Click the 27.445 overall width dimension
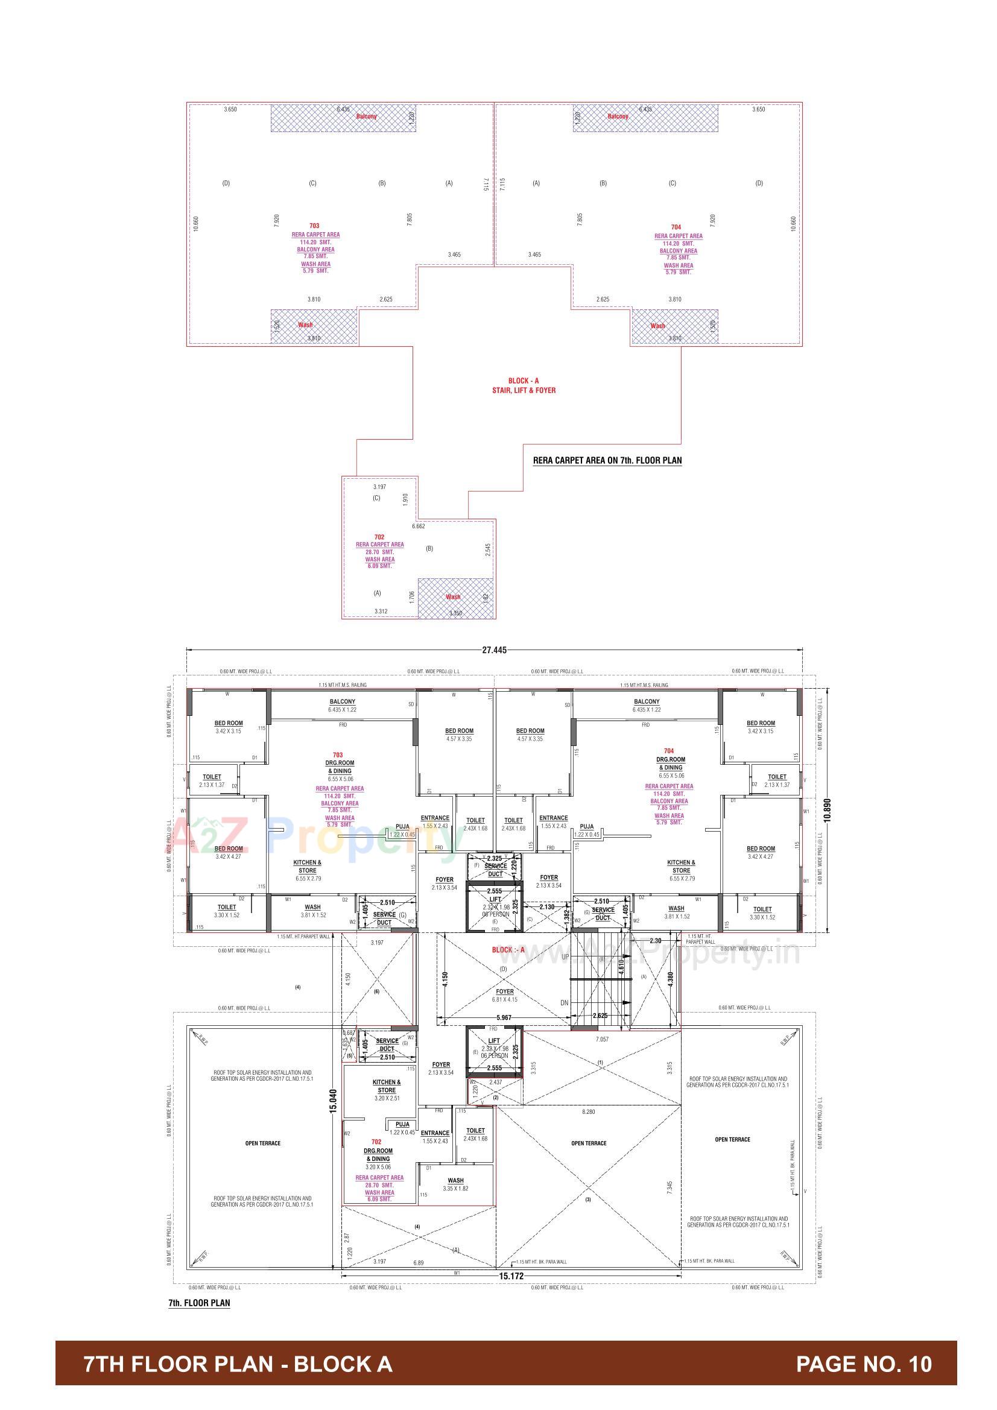pyautogui.click(x=494, y=650)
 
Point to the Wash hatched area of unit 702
pyautogui.click(x=456, y=598)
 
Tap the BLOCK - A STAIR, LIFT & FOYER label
pyautogui.click(x=524, y=385)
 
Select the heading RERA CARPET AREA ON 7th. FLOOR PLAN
pyautogui.click(x=607, y=460)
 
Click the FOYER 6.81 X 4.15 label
pyautogui.click(x=504, y=996)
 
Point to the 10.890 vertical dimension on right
pyautogui.click(x=827, y=810)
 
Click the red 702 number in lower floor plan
pyautogui.click(x=376, y=1142)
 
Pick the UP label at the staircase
pyautogui.click(x=565, y=956)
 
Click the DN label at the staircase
pyautogui.click(x=565, y=1003)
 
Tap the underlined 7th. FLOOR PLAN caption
pyautogui.click(x=199, y=1303)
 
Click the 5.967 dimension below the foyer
pyautogui.click(x=504, y=1017)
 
